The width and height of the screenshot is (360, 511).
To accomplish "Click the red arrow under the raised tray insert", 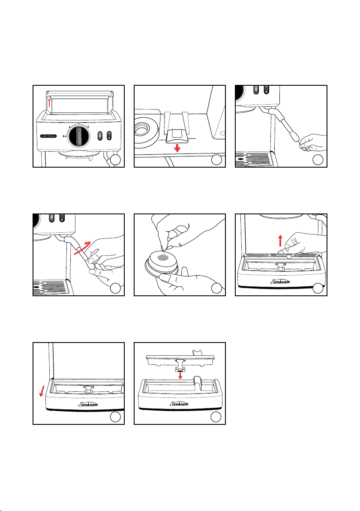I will [x=180, y=376].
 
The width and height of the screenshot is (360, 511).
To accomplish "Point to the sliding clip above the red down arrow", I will [x=175, y=133].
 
